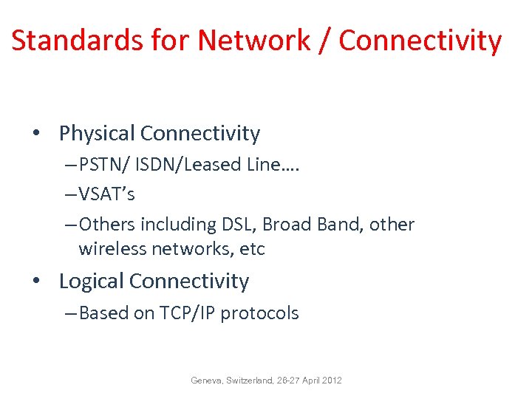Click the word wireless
(x=112, y=249)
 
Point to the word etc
(x=253, y=249)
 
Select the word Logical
(x=91, y=282)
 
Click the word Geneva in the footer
(x=204, y=381)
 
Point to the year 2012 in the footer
(x=332, y=381)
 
